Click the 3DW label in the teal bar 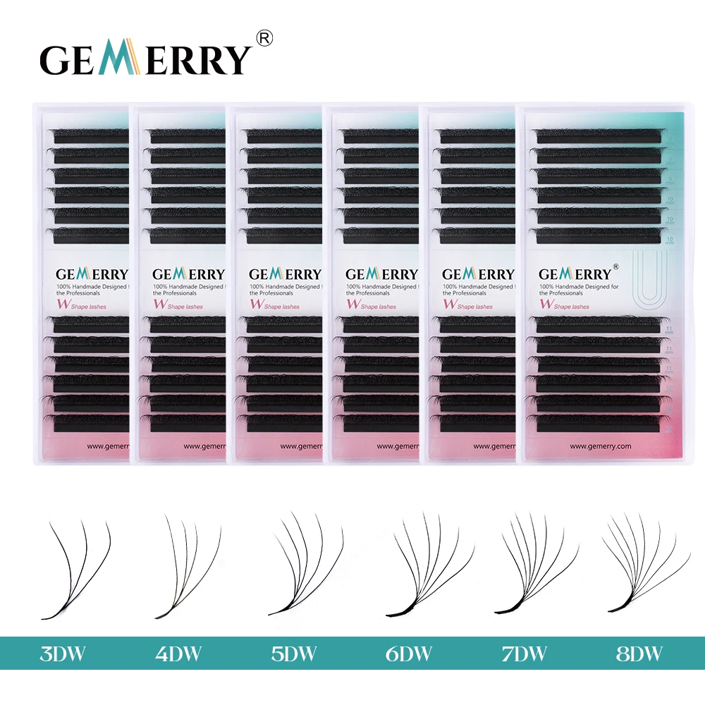tap(64, 654)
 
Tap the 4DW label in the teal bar tap(180, 654)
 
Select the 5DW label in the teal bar tap(295, 654)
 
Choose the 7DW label tap(525, 654)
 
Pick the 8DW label tap(640, 654)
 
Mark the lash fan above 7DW tap(536, 564)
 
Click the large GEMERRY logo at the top tap(145, 59)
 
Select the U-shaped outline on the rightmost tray tap(648, 278)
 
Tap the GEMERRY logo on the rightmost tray tap(575, 274)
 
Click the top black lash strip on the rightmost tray tap(598, 134)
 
